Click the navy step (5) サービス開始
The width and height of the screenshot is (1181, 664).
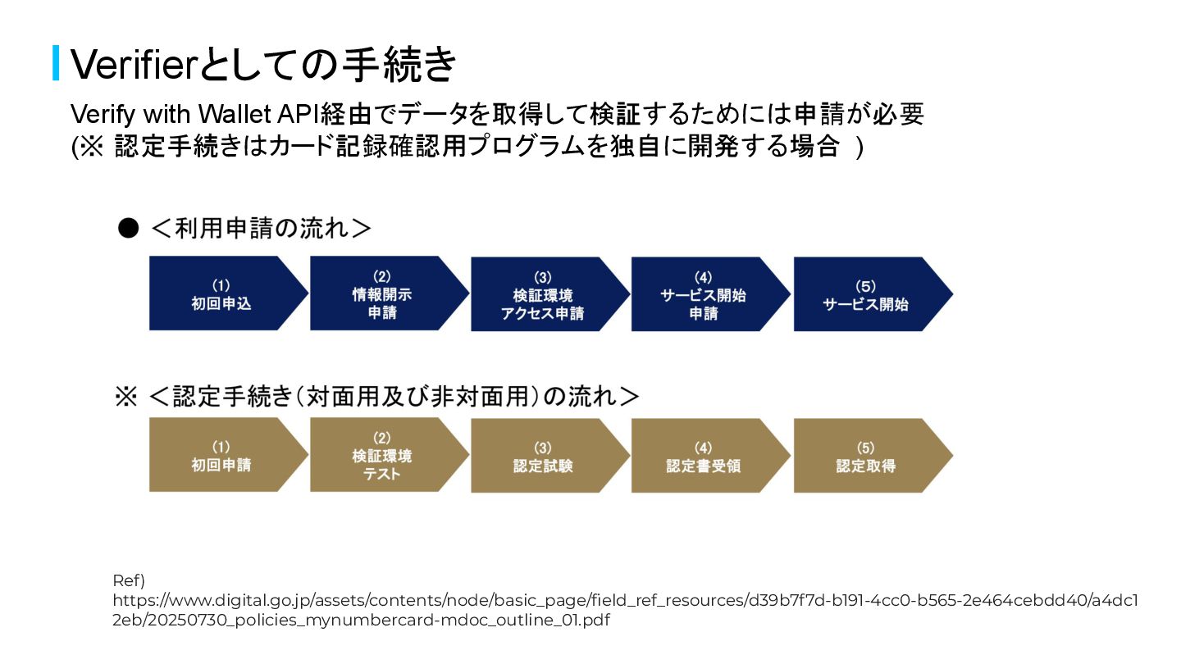click(865, 294)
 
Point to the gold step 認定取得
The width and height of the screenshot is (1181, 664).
click(865, 456)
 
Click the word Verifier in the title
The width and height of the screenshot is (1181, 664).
click(130, 64)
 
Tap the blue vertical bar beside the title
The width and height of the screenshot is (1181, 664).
click(56, 63)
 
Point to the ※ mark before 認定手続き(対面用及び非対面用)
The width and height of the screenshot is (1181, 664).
click(125, 397)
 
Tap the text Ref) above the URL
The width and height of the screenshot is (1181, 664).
click(128, 580)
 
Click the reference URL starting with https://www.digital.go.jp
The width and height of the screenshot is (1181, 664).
click(623, 610)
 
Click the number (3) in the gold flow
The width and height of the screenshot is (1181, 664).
click(543, 448)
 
